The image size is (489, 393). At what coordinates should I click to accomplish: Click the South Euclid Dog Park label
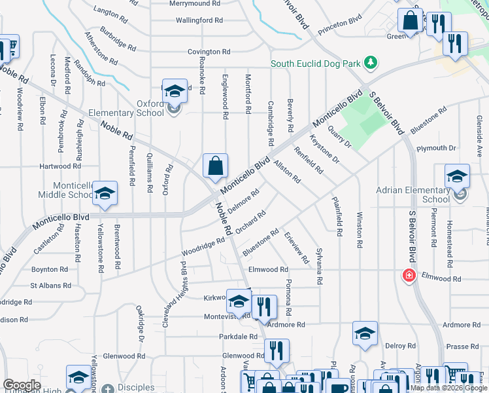(316, 64)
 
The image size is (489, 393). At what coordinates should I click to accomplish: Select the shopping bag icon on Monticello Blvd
(215, 167)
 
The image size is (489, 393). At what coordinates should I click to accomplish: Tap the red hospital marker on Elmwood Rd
(410, 275)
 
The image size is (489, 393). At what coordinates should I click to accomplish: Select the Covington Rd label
(209, 52)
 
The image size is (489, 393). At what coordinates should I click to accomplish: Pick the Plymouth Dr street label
(435, 149)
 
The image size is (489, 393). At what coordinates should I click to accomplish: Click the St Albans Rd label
(50, 286)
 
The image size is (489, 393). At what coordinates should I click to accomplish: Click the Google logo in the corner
(22, 385)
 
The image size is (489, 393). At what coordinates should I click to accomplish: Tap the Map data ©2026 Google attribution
(449, 388)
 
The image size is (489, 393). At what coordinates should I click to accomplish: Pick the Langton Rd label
(110, 12)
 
